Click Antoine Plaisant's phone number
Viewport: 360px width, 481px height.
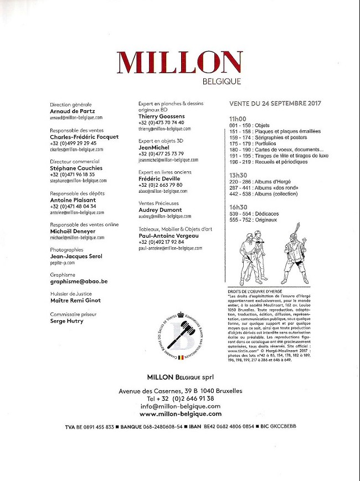point(73,206)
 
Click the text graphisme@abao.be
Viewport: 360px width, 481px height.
point(79,282)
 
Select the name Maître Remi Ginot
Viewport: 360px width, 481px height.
point(75,300)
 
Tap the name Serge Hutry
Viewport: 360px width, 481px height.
point(66,320)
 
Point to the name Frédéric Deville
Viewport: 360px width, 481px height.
point(162,180)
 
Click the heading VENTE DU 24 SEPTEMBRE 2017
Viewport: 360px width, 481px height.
point(275,104)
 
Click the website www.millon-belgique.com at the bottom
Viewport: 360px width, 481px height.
point(180,413)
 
